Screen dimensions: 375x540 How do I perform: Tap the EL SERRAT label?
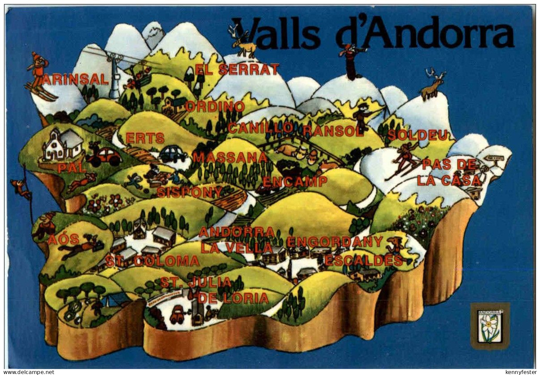[x=237, y=70]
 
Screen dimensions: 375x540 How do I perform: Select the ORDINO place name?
[x=215, y=107]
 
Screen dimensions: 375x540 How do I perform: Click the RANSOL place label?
[x=333, y=131]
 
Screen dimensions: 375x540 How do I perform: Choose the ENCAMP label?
[x=295, y=182]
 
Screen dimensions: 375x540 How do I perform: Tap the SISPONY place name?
[x=189, y=192]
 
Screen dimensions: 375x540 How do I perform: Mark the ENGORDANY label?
[x=335, y=242]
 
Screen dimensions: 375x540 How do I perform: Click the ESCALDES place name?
[x=364, y=261]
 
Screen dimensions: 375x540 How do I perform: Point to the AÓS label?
[x=63, y=239]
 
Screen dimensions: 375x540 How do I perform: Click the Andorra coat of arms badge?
[x=490, y=322]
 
